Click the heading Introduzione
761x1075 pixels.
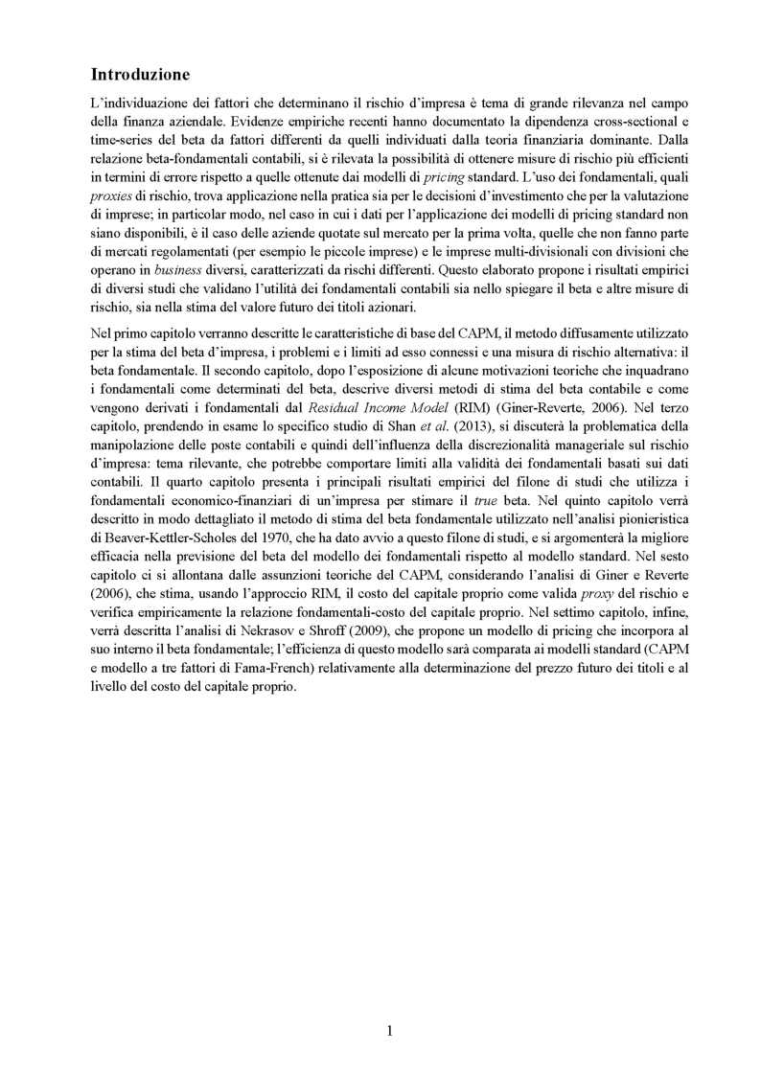click(x=141, y=74)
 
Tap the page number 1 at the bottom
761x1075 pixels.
click(x=389, y=1031)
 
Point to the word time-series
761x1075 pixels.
click(x=122, y=139)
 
